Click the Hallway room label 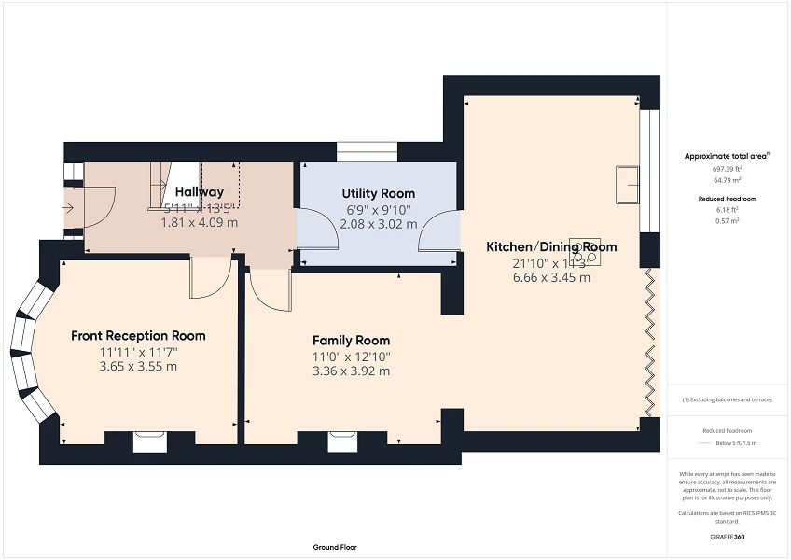point(200,192)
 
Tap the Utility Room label point(379,193)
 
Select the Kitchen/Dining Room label point(550,247)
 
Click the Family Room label point(352,340)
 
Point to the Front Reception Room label point(138,335)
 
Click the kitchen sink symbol point(627,185)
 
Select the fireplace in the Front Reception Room point(149,441)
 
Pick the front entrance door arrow point(71,207)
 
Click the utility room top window point(367,151)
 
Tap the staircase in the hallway point(176,184)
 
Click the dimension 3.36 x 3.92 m point(352,371)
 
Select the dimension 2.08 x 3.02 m point(379,224)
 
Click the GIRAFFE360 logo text point(728,538)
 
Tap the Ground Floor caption point(335,547)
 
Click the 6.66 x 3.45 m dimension point(550,278)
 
